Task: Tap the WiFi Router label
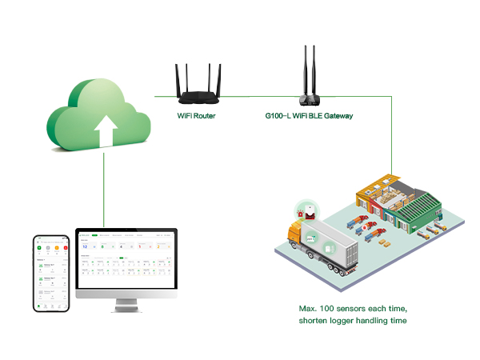[x=196, y=116]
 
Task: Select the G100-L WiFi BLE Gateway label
[x=309, y=116]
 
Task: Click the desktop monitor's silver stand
[x=125, y=305]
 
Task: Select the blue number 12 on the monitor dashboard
[x=86, y=247]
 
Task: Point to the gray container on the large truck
[x=328, y=244]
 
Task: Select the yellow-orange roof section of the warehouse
[x=376, y=192]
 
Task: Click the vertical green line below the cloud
[x=105, y=192]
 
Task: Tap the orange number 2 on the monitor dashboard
[x=158, y=247]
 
